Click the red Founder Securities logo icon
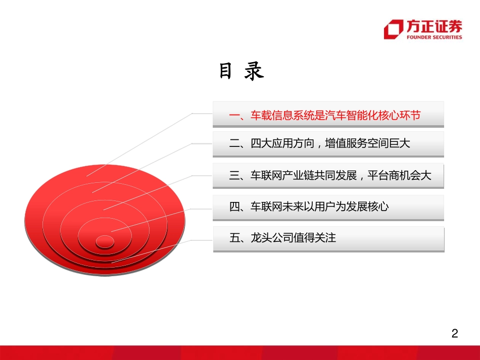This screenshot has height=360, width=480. tap(393, 29)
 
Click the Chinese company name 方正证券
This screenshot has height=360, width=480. tap(434, 26)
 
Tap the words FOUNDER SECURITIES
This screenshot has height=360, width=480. tap(434, 37)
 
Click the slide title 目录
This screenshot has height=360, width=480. tap(241, 72)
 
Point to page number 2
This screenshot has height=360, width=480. tap(454, 334)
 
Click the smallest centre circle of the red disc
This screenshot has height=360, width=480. tap(105, 241)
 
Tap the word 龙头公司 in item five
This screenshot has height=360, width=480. tap(272, 238)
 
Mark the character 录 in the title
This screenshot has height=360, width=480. tap(254, 72)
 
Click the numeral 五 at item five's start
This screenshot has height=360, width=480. tap(235, 238)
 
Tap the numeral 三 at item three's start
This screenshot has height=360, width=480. tap(234, 175)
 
